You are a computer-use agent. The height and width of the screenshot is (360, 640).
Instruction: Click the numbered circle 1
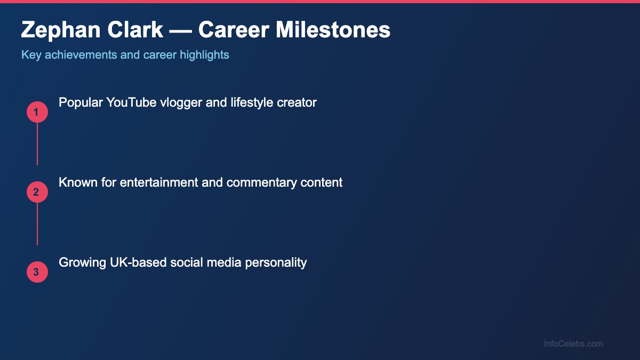(37, 113)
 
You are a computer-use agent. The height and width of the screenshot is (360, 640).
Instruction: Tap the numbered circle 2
(37, 193)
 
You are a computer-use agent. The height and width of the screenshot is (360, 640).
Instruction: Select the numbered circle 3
(37, 273)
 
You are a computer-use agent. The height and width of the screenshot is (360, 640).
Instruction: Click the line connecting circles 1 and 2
(37, 144)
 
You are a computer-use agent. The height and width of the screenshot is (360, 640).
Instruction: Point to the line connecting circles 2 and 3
(37, 224)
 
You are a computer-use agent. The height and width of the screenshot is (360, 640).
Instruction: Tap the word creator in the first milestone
(297, 102)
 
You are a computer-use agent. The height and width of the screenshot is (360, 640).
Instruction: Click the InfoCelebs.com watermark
(573, 344)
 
